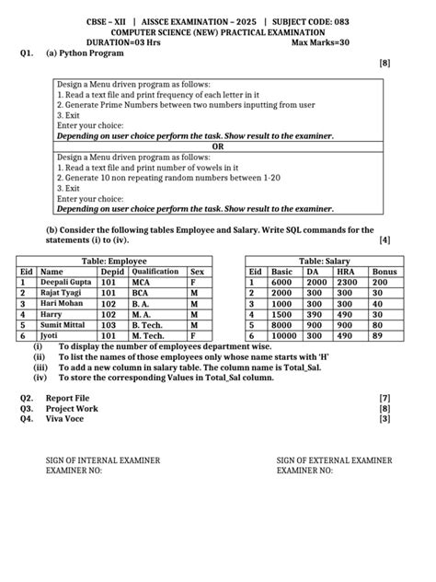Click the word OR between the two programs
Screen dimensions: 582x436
[x=218, y=145]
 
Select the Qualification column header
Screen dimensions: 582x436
[x=155, y=273]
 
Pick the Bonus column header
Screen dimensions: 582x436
[x=384, y=273]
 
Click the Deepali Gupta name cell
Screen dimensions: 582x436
[x=66, y=283]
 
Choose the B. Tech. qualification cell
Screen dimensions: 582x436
[x=148, y=325]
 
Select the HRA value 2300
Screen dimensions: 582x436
[x=349, y=283]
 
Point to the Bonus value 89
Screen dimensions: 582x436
[x=378, y=336]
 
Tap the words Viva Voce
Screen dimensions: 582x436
[x=64, y=419]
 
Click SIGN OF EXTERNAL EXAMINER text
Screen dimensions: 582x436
[x=334, y=459]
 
